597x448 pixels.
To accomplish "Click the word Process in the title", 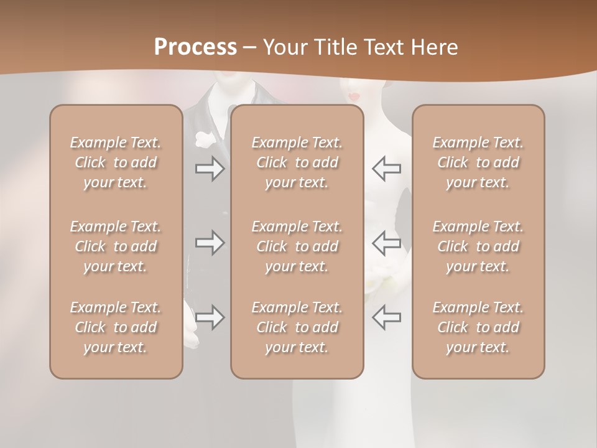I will coord(195,47).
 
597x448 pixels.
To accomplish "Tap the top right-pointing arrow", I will coord(210,169).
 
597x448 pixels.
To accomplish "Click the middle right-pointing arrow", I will coord(210,243).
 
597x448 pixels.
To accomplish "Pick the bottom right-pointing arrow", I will coord(210,317).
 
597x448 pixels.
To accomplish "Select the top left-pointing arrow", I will coord(386,169).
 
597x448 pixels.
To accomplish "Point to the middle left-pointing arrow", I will coord(386,243).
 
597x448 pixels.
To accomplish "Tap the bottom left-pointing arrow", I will coord(386,317).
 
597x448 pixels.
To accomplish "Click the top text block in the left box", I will coord(116,162).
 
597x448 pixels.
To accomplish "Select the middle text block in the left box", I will coord(116,246).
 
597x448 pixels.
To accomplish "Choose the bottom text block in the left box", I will coord(116,327).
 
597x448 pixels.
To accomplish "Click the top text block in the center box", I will coord(297,162).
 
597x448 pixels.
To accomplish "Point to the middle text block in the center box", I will coord(297,246).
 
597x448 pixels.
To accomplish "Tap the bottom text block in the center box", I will coord(297,327).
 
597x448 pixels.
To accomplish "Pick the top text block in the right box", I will coord(478,162).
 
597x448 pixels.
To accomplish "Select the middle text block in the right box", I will coord(478,246).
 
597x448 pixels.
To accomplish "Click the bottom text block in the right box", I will coord(478,327).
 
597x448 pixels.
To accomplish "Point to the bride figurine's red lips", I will coord(355,97).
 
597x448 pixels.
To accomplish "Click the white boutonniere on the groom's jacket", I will coord(203,138).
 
